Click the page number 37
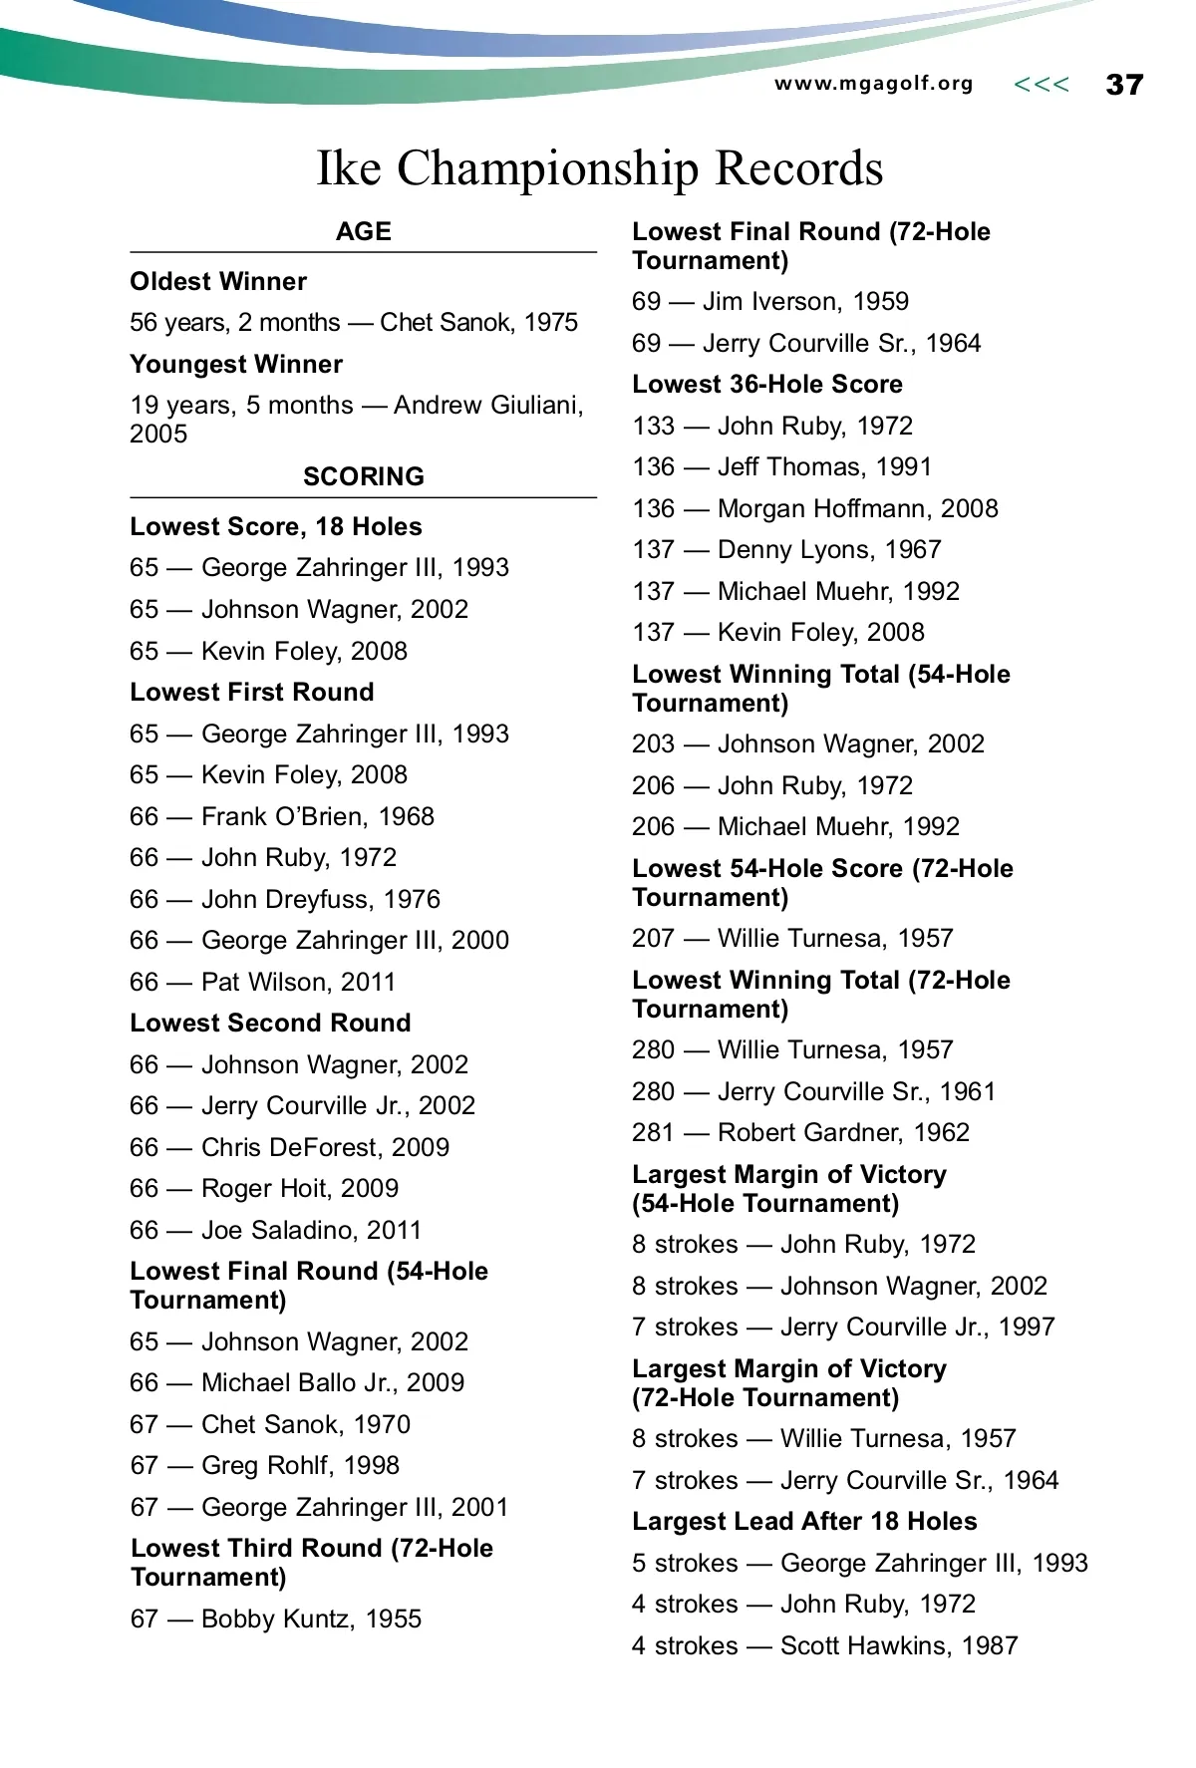point(1124,85)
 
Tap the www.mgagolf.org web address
point(873,84)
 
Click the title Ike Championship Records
point(599,167)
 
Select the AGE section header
point(363,231)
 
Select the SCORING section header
point(363,476)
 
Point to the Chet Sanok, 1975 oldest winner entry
point(354,322)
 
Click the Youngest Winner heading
point(236,364)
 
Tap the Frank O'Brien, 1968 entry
point(282,816)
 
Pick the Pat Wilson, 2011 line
point(262,982)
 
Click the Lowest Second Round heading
point(270,1023)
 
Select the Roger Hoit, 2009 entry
point(264,1188)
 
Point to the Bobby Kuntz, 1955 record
point(275,1619)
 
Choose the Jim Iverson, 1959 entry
point(770,301)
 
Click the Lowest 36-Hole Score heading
point(766,384)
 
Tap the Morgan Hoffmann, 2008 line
point(814,508)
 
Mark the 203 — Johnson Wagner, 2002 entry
point(807,743)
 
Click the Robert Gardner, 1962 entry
point(800,1132)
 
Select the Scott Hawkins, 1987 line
point(824,1645)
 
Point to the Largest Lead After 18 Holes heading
point(804,1521)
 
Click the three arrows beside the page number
point(1041,85)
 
